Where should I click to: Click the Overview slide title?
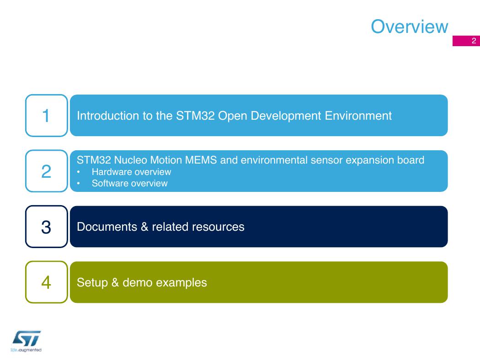[x=409, y=26]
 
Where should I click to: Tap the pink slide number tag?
[x=466, y=41]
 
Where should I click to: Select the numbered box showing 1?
[x=47, y=116]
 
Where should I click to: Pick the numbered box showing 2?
[x=47, y=171]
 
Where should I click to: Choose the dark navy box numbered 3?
[x=47, y=227]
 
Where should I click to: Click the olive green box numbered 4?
[x=47, y=282]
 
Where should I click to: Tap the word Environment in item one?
[x=358, y=116]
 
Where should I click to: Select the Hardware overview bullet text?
[x=131, y=172]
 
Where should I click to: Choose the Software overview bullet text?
[x=130, y=183]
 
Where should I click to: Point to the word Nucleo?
[x=130, y=160]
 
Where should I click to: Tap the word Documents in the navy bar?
[x=107, y=227]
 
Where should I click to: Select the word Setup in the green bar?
[x=92, y=283]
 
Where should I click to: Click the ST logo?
[x=27, y=338]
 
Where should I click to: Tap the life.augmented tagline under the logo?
[x=26, y=350]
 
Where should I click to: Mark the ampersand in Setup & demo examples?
[x=115, y=283]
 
